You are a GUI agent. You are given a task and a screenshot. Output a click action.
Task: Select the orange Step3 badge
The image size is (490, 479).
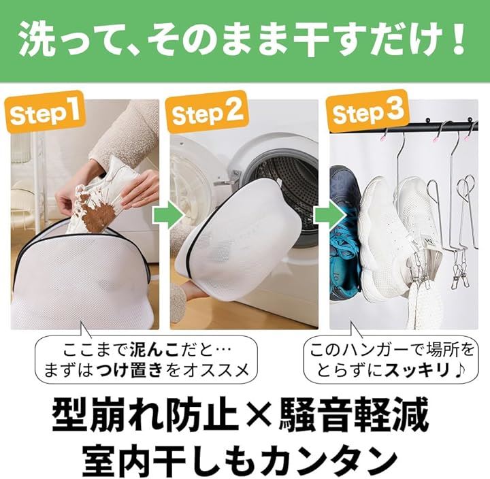tap(368, 112)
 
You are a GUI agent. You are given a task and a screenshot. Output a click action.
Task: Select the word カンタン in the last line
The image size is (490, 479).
tap(325, 457)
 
